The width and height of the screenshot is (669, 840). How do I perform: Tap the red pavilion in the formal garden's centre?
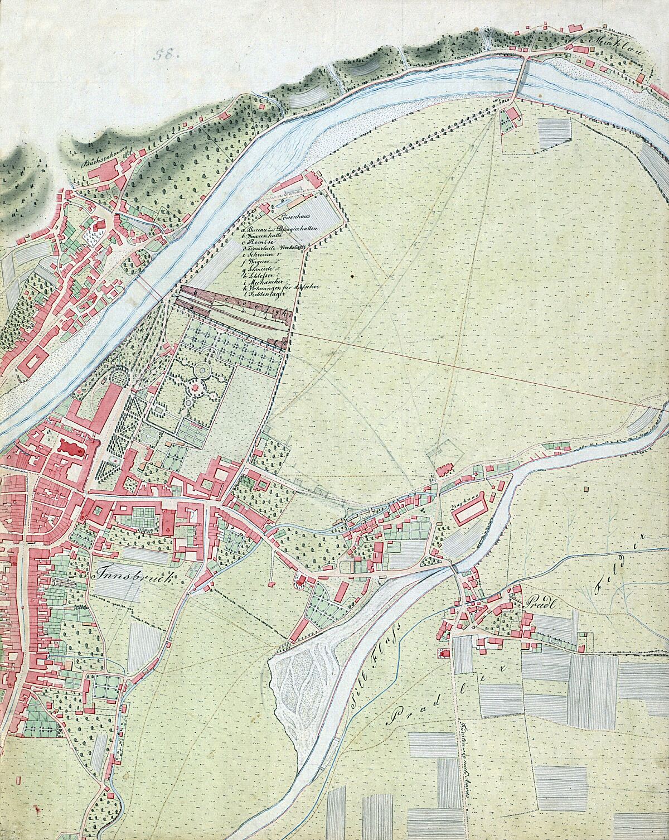[x=195, y=385]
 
